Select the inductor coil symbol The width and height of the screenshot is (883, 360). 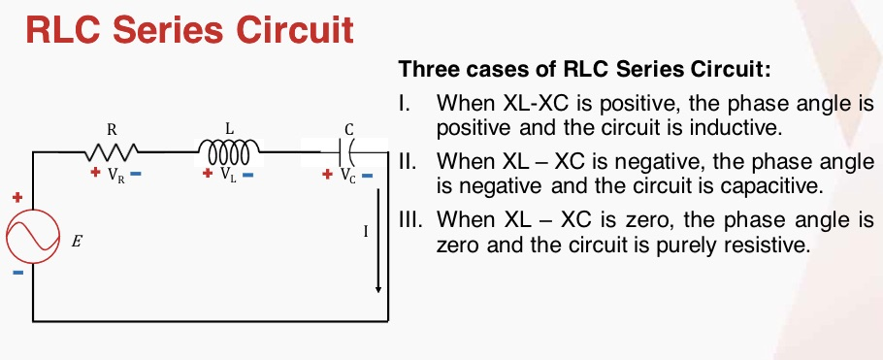click(x=229, y=152)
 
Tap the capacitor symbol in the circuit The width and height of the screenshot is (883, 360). click(x=348, y=152)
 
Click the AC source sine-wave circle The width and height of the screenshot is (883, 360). click(x=34, y=236)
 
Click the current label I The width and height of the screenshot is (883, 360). click(x=365, y=233)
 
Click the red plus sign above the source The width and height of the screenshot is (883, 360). click(x=16, y=197)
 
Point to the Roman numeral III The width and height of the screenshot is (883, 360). click(x=410, y=220)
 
